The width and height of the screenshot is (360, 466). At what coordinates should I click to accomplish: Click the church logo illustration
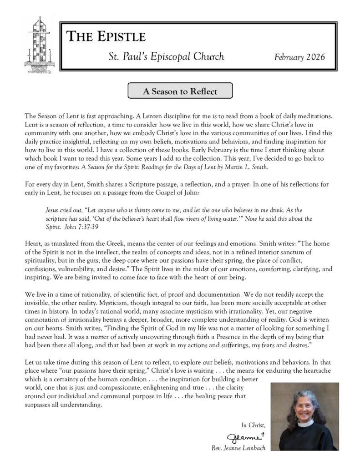coord(39,46)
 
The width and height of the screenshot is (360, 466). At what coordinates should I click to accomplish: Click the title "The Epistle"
coord(106,37)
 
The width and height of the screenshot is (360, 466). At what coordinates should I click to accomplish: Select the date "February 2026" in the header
coord(299,57)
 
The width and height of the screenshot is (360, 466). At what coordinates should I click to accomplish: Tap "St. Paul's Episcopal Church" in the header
coord(166,57)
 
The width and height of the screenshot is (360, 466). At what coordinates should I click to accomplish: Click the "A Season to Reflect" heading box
coord(180,91)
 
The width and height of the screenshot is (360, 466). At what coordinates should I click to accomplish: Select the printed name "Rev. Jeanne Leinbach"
coord(238,448)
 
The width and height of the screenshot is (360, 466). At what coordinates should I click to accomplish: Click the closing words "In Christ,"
coord(253,425)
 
